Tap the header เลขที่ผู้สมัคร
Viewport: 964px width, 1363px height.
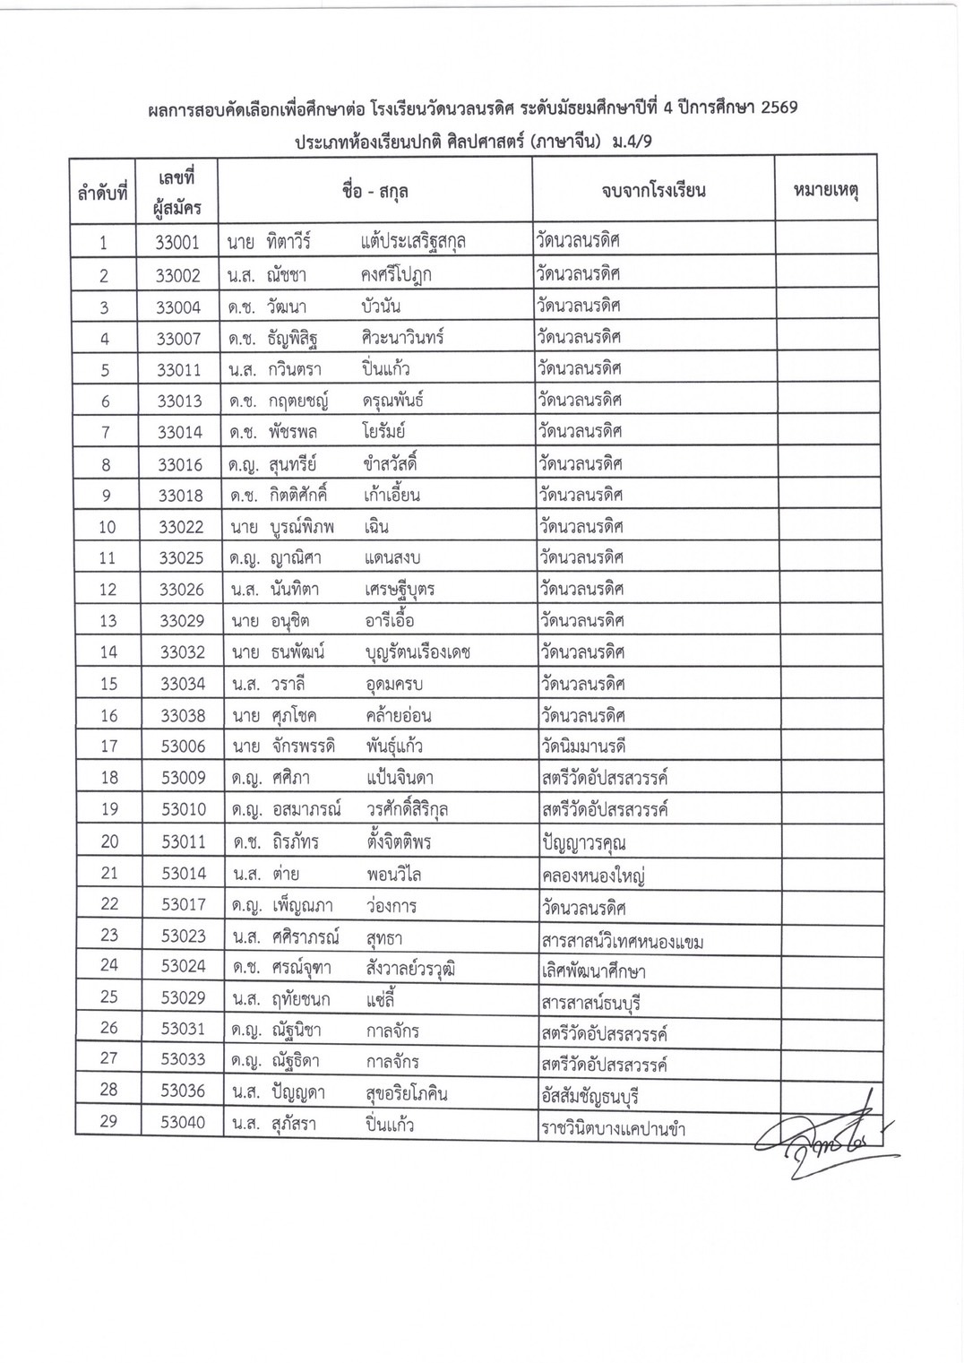point(177,190)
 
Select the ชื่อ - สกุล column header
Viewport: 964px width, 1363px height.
point(375,190)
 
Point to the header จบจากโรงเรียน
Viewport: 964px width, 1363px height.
point(653,190)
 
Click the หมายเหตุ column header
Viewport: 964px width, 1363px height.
point(825,190)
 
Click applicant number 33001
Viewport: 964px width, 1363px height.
point(177,242)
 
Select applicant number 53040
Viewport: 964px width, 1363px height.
point(183,1123)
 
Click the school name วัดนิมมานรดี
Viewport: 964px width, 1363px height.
point(582,746)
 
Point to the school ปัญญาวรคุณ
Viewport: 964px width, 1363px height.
point(583,842)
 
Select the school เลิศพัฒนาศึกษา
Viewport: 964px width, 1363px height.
point(593,971)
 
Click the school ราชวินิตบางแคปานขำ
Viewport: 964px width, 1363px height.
point(613,1128)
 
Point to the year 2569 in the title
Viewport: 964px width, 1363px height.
point(772,108)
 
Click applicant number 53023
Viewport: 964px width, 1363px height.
point(183,936)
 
